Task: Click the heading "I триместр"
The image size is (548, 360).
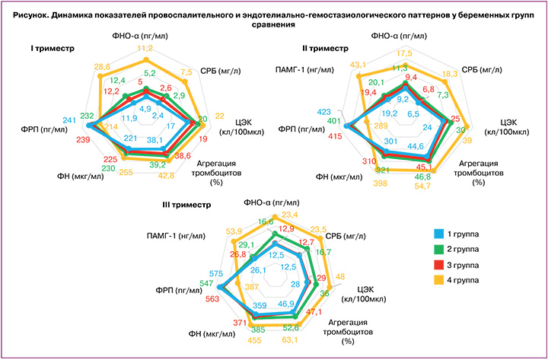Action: point(53,48)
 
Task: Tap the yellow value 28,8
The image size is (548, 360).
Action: point(103,68)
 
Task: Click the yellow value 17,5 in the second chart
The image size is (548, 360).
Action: point(403,53)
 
